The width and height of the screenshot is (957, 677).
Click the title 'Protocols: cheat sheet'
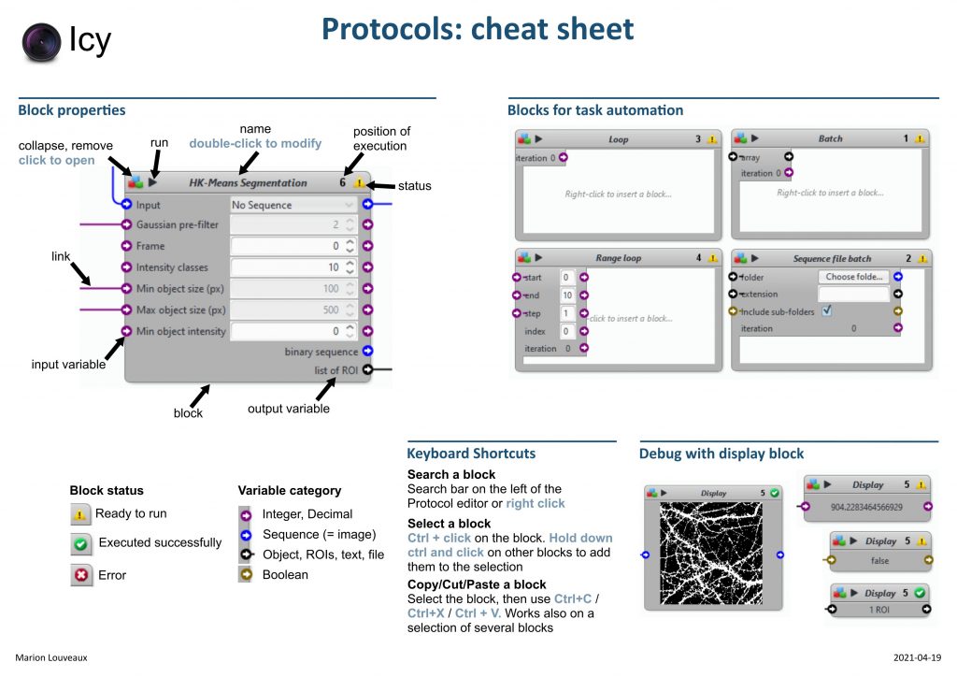478,30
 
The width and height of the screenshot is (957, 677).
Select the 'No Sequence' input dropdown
293,205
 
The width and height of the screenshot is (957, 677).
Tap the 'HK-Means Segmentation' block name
248,183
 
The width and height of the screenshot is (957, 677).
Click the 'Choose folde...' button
854,277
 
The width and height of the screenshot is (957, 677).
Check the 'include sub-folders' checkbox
827,311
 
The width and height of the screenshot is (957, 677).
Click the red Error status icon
81,575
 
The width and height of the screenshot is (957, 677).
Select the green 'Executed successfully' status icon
81,543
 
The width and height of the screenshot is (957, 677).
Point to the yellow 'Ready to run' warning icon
81,513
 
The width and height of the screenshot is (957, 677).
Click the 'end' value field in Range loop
567,295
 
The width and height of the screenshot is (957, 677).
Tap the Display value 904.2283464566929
867,506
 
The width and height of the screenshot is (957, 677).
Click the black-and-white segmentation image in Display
712,554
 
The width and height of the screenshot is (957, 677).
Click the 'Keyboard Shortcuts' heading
471,454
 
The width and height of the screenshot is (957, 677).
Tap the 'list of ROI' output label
336,370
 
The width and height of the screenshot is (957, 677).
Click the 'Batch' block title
830,139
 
